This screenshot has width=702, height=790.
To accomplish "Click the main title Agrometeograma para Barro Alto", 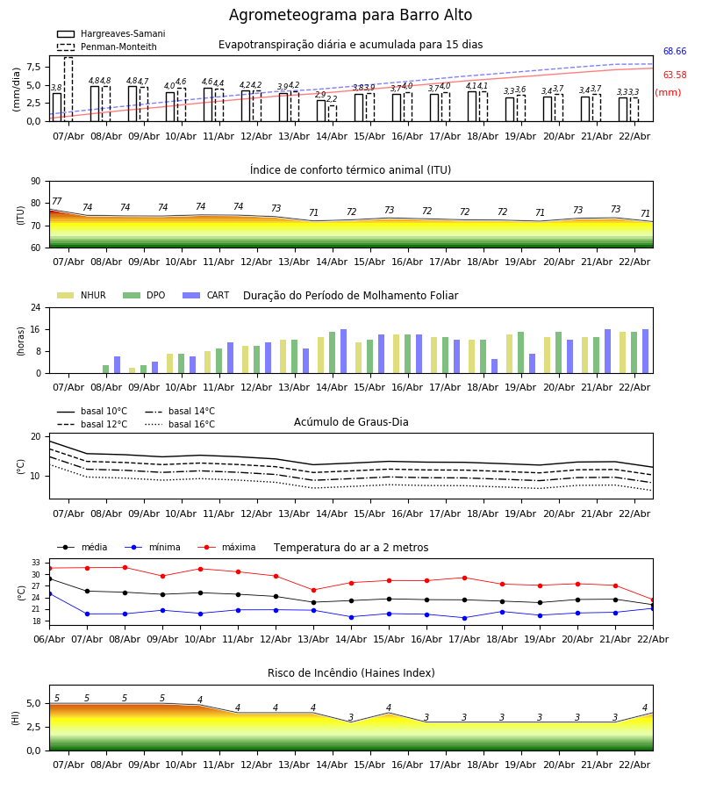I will (x=350, y=16).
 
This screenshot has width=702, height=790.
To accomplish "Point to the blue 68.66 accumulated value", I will (x=674, y=52).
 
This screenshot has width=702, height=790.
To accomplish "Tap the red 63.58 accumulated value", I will (x=674, y=75).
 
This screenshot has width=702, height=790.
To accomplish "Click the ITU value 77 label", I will (x=57, y=202).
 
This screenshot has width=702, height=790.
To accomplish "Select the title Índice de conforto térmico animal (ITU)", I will (x=350, y=170).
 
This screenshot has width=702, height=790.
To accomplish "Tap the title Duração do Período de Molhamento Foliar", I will (x=350, y=296).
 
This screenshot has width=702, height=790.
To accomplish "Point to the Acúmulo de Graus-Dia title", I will (x=350, y=422).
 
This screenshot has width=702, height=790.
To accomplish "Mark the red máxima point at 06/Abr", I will (x=49, y=568).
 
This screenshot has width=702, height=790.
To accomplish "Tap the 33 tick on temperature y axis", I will (x=36, y=563).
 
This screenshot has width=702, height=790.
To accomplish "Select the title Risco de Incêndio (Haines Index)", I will (x=350, y=673).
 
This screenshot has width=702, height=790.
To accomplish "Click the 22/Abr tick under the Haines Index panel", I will (x=634, y=765).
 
